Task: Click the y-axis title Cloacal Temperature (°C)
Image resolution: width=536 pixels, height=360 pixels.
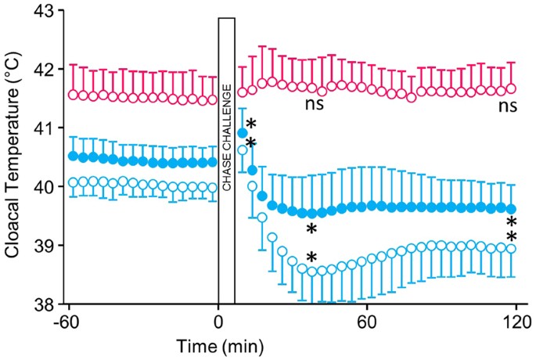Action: [x=14, y=157]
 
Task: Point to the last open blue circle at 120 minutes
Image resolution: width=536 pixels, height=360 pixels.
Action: [x=512, y=249]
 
